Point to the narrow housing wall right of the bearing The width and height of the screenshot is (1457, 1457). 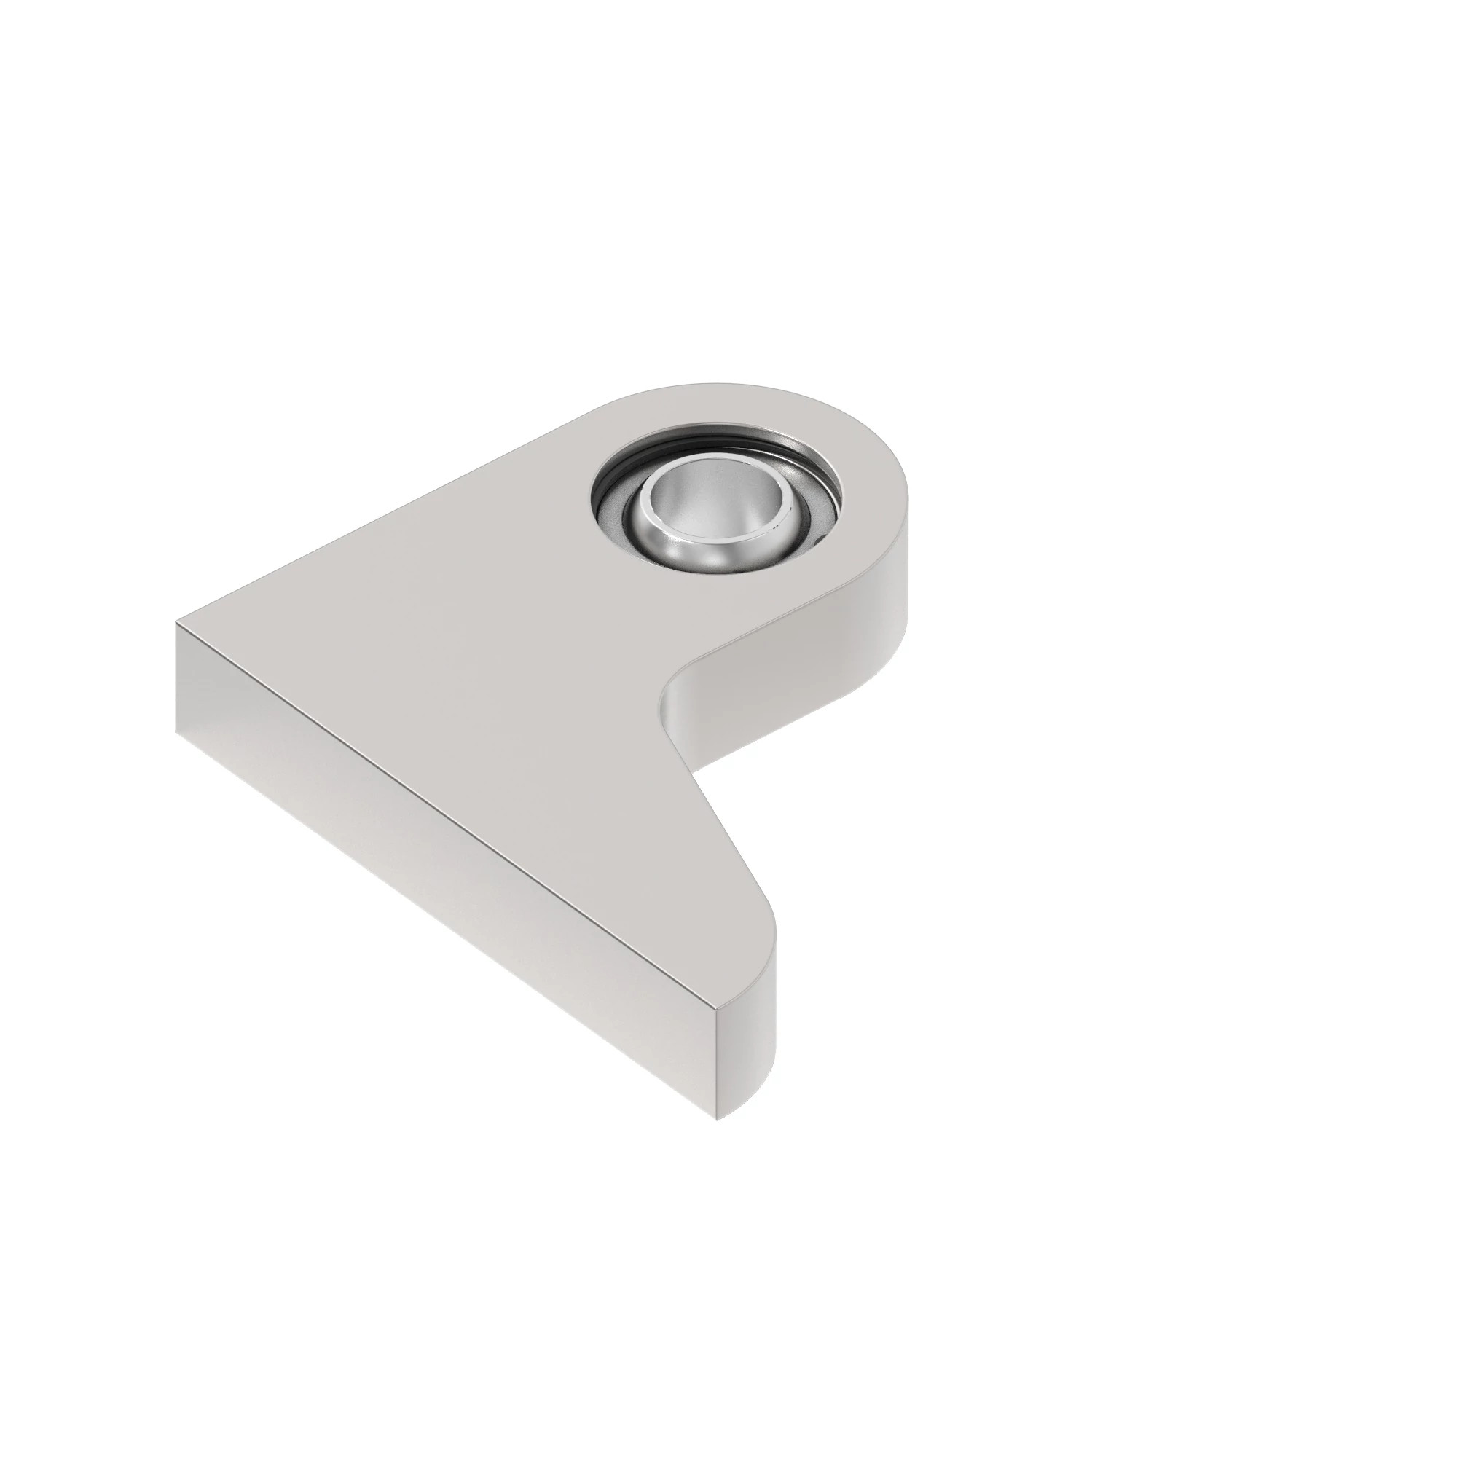867,513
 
